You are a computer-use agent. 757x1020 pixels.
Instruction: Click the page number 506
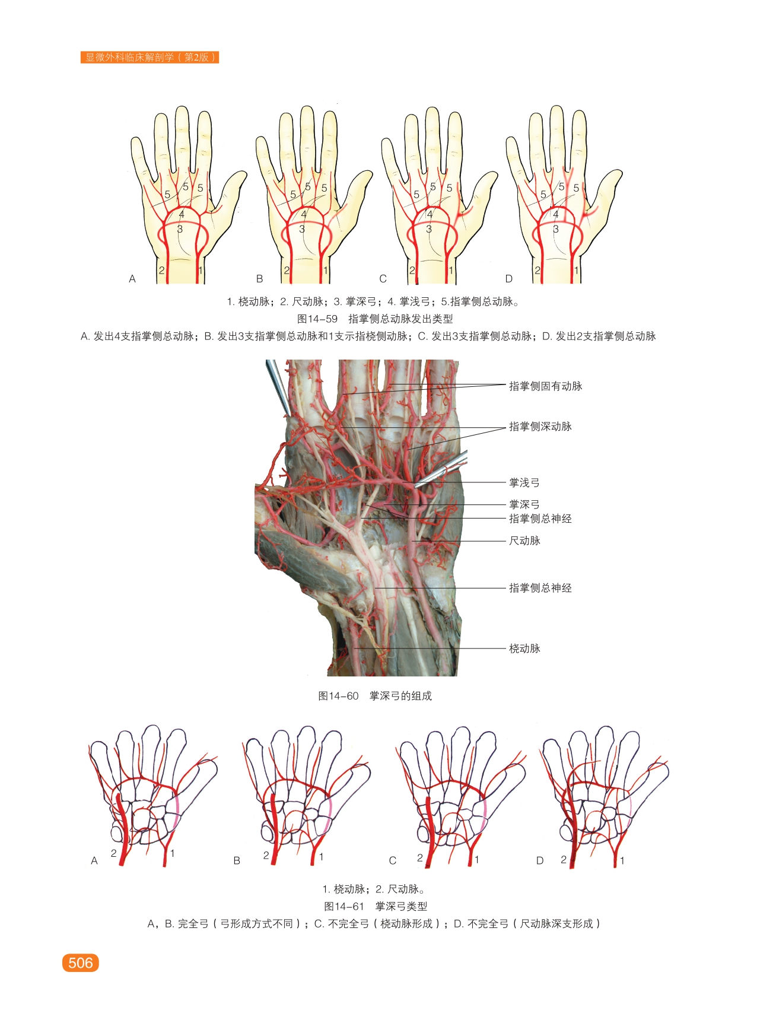(80, 962)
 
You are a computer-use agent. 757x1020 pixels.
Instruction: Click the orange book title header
(150, 58)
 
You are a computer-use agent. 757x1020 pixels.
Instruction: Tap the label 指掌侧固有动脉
(545, 386)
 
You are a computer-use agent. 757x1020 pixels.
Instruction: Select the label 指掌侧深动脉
(540, 427)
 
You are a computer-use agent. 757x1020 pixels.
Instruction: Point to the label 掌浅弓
(524, 483)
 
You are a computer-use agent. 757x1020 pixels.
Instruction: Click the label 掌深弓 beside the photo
(524, 504)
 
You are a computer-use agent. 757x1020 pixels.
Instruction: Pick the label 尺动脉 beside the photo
(524, 541)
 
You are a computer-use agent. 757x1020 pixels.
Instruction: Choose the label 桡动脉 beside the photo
(524, 649)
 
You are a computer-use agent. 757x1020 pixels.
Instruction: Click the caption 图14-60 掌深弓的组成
(374, 696)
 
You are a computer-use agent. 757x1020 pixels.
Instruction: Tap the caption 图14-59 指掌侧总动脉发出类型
(374, 319)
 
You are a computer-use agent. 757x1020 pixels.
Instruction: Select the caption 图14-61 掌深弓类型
(375, 906)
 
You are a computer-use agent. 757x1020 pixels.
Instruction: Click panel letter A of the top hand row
(132, 279)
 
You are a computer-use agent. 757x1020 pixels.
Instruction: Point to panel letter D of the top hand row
(508, 279)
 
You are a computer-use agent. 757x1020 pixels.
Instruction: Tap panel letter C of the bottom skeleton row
(392, 860)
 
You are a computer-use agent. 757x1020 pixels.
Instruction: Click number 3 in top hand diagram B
(302, 229)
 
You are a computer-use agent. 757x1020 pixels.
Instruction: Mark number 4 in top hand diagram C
(430, 214)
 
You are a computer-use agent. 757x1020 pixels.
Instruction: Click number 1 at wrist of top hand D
(576, 271)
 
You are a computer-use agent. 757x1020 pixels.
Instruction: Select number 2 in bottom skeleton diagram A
(113, 853)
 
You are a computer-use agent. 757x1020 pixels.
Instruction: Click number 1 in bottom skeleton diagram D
(622, 860)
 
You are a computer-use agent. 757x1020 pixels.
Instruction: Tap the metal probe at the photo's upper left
(276, 386)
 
